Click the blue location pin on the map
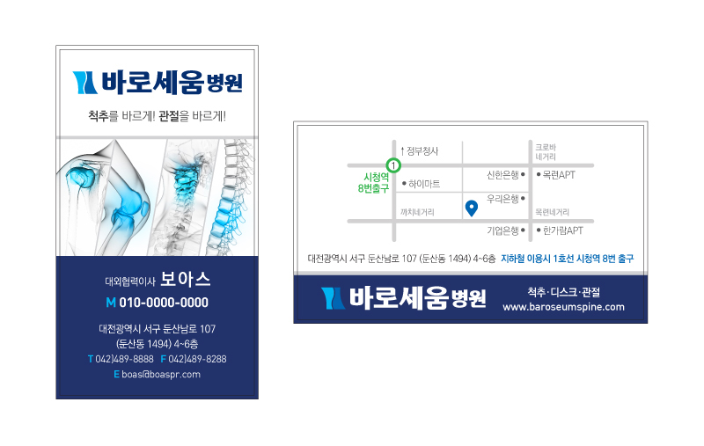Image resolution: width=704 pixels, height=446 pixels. [472, 208]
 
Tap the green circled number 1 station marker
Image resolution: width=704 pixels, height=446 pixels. [393, 165]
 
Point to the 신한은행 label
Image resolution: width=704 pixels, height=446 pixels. [502, 174]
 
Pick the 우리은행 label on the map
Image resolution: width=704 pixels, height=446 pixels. [502, 198]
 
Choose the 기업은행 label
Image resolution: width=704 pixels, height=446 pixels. [502, 230]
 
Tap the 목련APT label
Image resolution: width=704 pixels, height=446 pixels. [559, 174]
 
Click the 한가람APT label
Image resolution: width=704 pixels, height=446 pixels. [563, 230]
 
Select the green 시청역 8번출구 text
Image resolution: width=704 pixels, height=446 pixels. [373, 183]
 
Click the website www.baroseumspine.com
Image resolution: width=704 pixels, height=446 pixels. [563, 307]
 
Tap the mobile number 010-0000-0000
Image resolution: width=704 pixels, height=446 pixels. [164, 303]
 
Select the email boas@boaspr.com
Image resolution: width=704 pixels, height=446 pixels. [161, 374]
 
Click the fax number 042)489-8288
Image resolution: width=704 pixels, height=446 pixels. [197, 359]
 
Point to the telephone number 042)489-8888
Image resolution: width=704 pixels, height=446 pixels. [124, 359]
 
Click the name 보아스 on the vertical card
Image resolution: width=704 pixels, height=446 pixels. [186, 279]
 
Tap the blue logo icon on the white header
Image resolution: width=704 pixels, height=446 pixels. [84, 83]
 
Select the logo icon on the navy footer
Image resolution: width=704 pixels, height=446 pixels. [333, 298]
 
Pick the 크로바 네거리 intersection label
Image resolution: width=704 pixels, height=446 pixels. [546, 152]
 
